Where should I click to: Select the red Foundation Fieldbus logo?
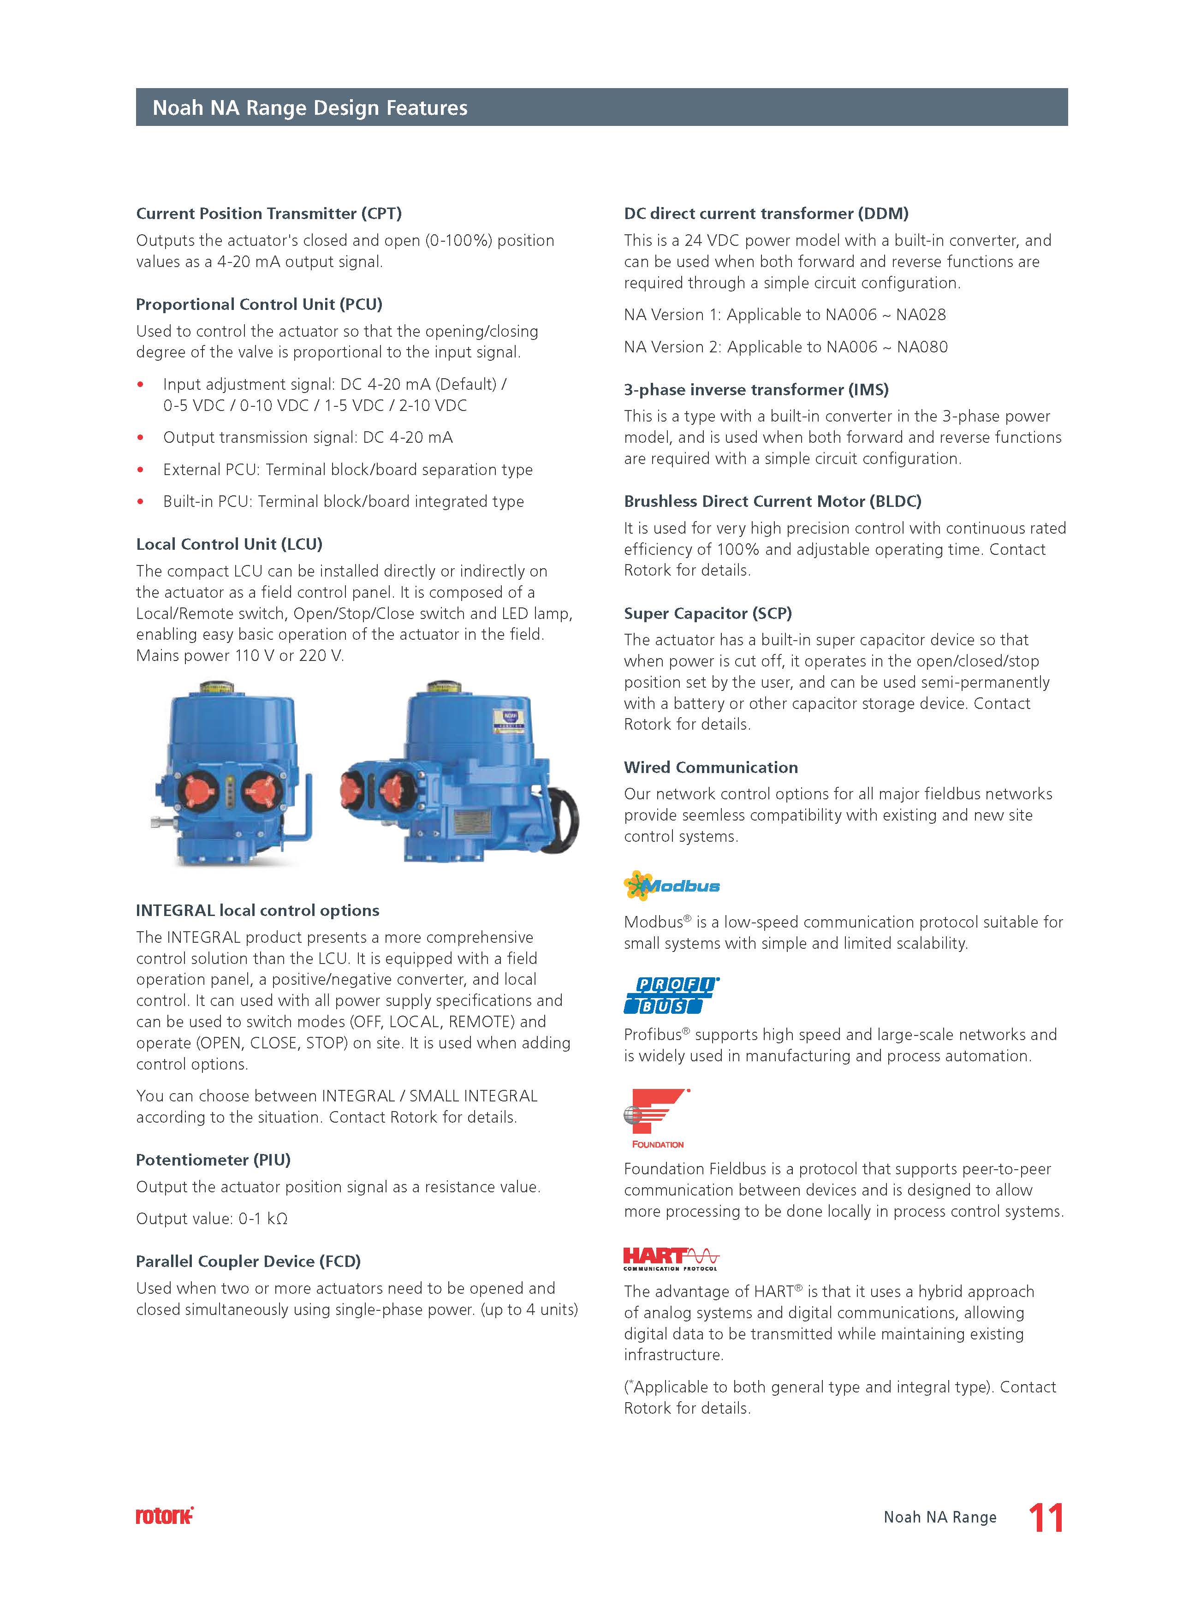(x=656, y=1117)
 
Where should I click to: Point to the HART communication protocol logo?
(x=671, y=1259)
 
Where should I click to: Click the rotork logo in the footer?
(x=165, y=1516)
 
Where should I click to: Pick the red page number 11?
(x=1046, y=1517)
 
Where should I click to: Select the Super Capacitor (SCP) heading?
(x=707, y=613)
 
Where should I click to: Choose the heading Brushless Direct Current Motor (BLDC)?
(x=773, y=501)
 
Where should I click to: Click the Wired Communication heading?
(x=710, y=767)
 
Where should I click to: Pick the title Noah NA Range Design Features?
(x=310, y=108)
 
